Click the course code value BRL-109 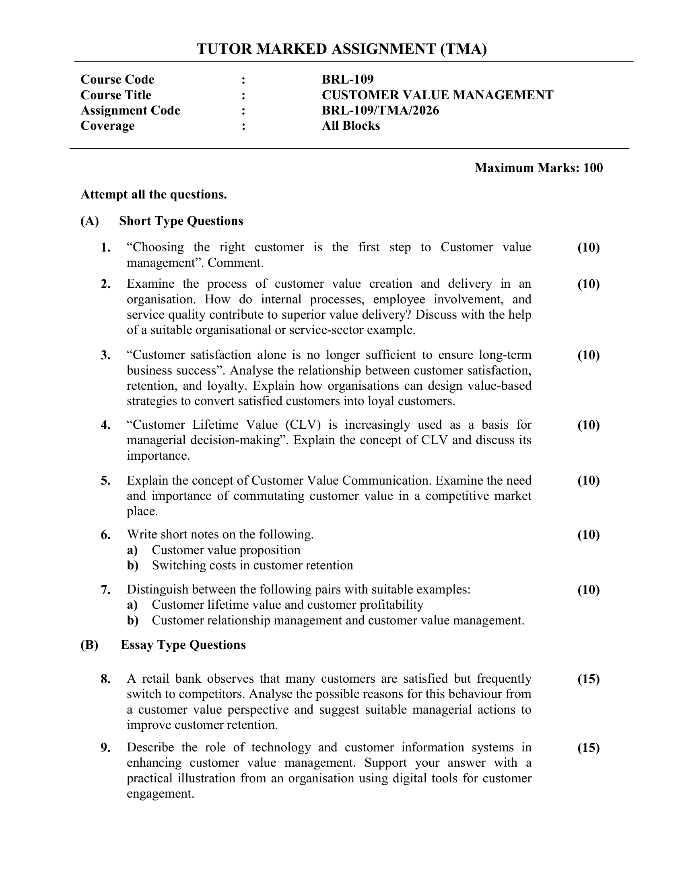pos(347,79)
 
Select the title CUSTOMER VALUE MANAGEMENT pos(437,95)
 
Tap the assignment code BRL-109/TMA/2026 pos(380,110)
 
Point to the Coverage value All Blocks pos(350,126)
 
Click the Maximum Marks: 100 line pos(538,168)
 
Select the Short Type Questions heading pos(181,221)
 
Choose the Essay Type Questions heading pos(183,645)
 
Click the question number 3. pos(105,355)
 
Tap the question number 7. pos(105,590)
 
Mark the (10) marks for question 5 pos(588,481)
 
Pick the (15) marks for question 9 pos(588,748)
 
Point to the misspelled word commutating pos(269,496)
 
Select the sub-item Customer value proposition pos(226,550)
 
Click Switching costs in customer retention pos(252,565)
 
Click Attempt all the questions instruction pos(154,195)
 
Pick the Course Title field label pos(116,95)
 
